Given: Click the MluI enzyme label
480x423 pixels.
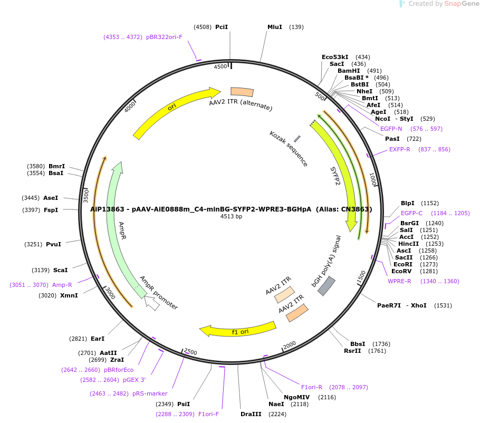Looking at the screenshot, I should [x=274, y=27].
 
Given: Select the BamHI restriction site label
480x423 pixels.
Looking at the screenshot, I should [x=348, y=71].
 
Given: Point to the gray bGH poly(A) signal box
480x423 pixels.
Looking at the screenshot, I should [x=326, y=285].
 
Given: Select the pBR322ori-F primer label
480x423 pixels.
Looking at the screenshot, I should [x=164, y=37].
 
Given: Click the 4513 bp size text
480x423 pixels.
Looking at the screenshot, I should [x=231, y=217].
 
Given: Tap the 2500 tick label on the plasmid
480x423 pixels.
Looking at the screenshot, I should [x=190, y=352].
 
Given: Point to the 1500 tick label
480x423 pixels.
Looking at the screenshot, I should [x=361, y=276].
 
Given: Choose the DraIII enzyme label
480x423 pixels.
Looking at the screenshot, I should [x=251, y=414].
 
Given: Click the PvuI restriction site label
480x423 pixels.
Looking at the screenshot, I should [x=53, y=244].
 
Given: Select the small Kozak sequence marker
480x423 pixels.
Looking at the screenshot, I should [x=297, y=139].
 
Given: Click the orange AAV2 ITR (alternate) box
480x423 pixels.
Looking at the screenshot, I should [x=243, y=92].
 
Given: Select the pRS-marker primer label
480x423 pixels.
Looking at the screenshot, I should [x=150, y=393].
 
